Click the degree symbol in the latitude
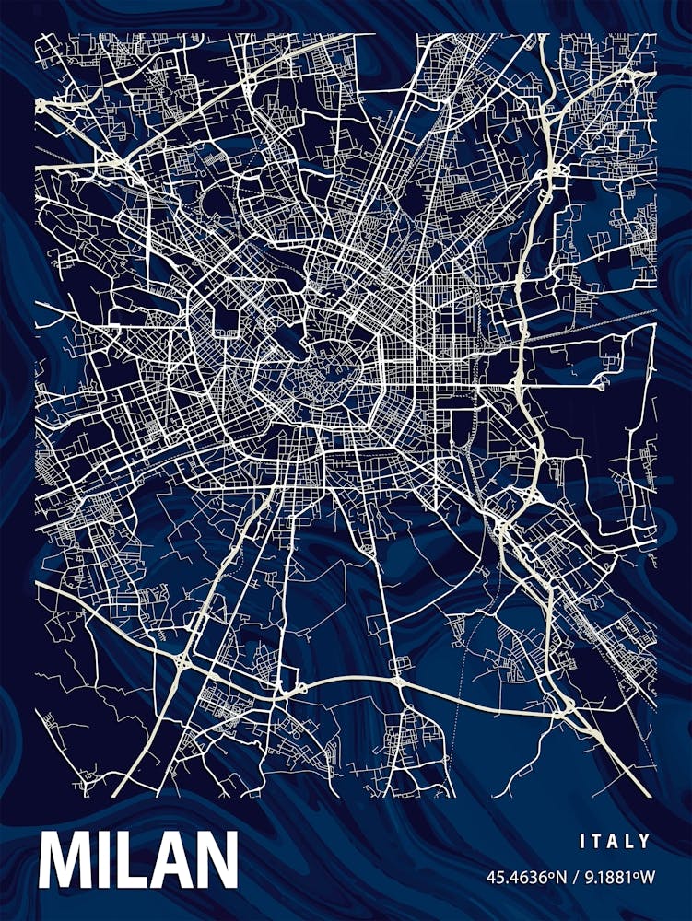coord(549,873)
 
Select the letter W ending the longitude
coord(646,876)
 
